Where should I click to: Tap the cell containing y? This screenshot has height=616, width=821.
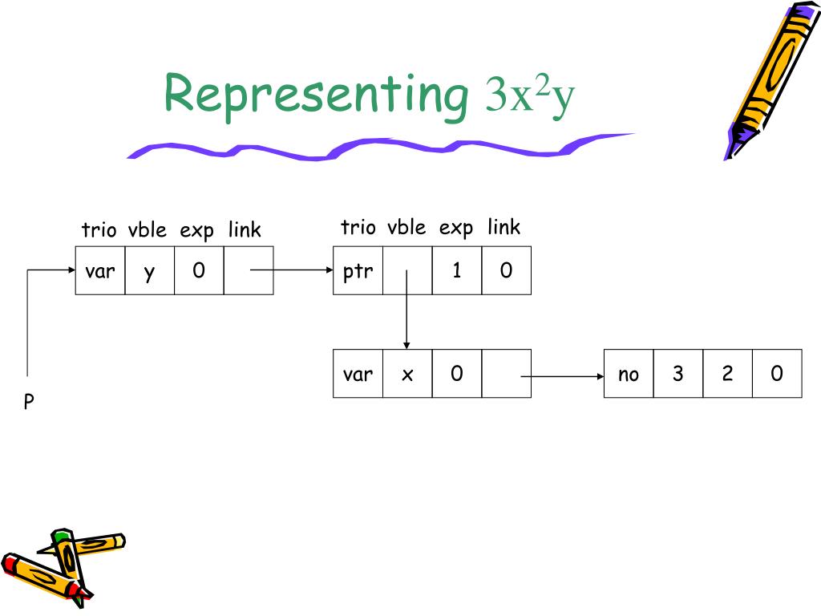pos(150,271)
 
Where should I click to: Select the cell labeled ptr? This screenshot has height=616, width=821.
pos(358,271)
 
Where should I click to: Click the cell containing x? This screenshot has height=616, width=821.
pos(407,374)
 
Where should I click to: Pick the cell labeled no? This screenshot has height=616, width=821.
pos(629,374)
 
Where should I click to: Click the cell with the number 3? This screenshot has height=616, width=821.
pos(678,374)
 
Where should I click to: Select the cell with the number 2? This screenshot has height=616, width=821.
pos(728,374)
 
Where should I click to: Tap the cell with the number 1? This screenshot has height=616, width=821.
pos(457,271)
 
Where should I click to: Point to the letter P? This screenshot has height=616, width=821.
pos(29,402)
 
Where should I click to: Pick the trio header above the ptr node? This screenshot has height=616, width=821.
pos(358,228)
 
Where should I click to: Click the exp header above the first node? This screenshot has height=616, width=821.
pos(197,231)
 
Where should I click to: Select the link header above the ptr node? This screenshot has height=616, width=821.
pos(504,228)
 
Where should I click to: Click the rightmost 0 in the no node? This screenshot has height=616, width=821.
pos(777,374)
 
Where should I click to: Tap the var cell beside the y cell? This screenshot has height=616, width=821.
pos(100,271)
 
